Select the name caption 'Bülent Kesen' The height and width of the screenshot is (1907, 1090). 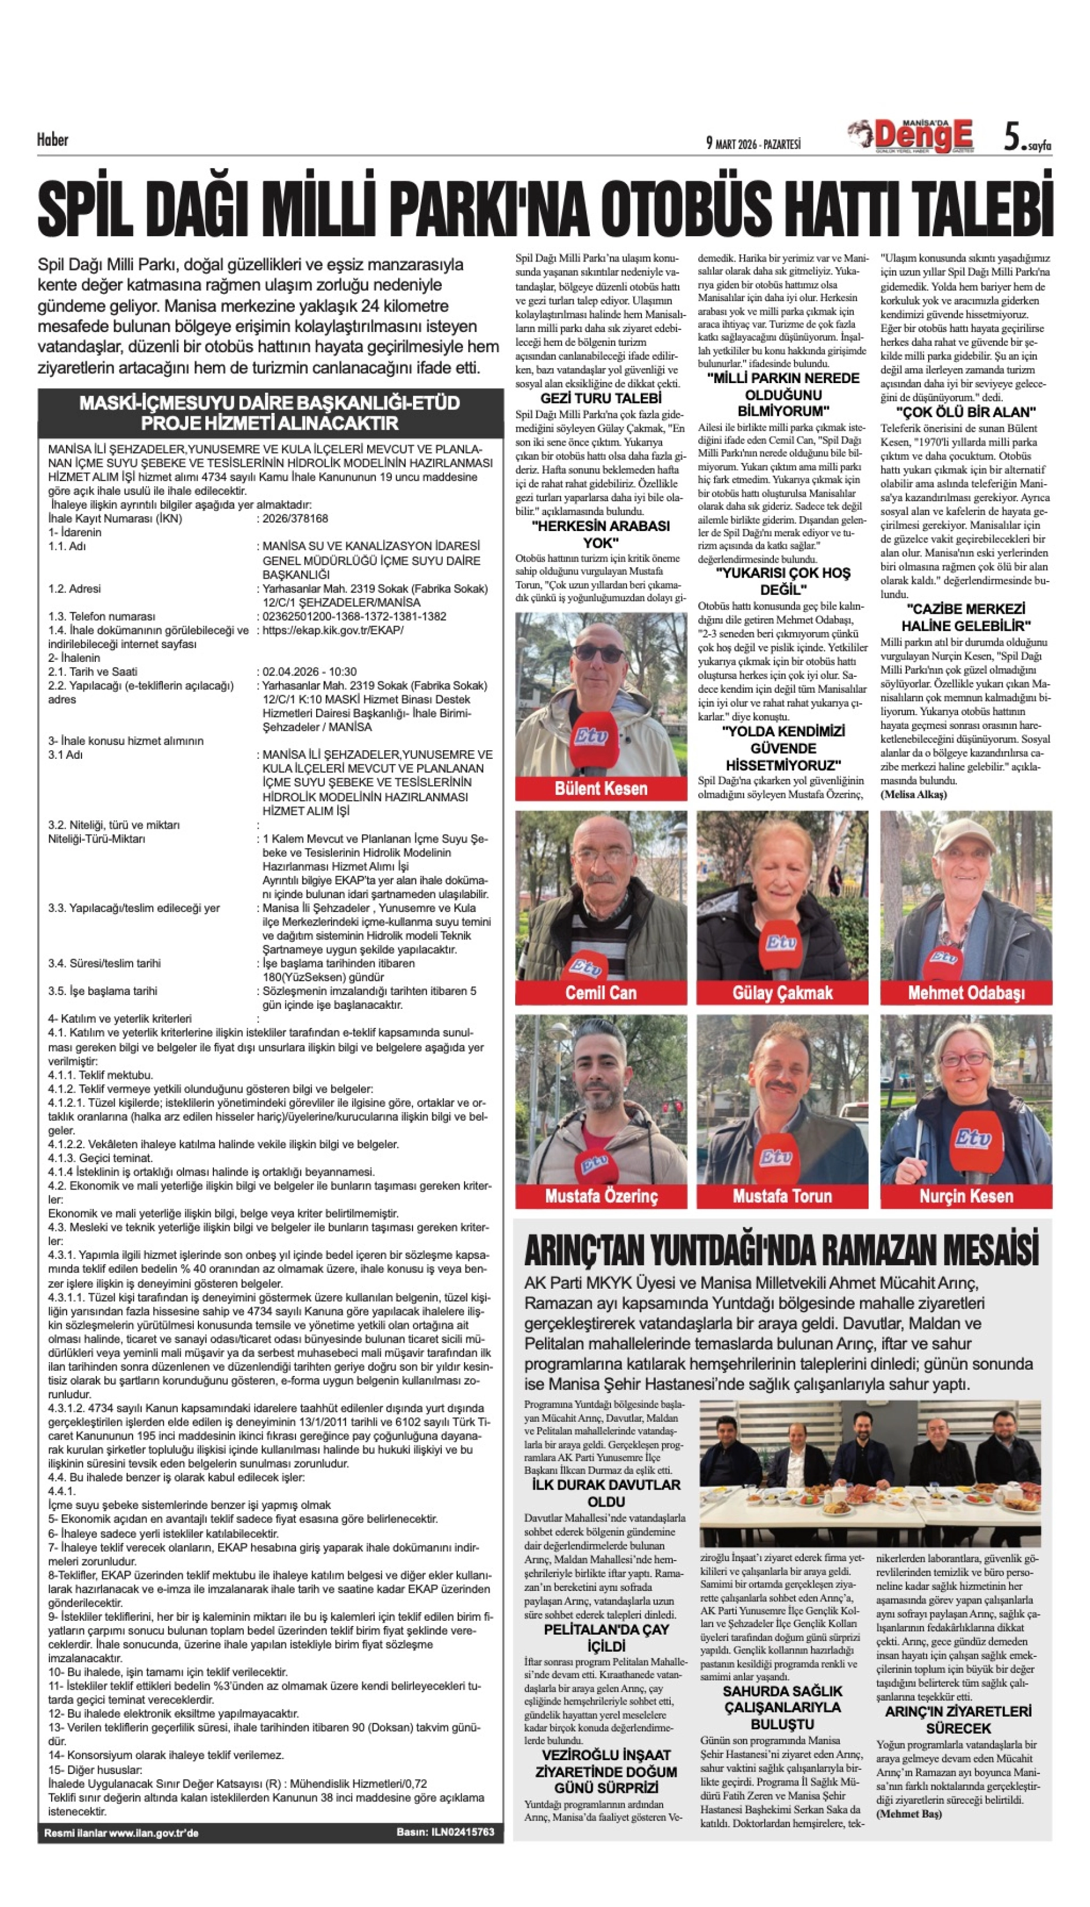(601, 788)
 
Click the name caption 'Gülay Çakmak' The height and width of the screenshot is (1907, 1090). (783, 993)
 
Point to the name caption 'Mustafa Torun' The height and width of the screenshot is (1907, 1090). (783, 1196)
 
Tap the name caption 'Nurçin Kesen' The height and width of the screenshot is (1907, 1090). (966, 1196)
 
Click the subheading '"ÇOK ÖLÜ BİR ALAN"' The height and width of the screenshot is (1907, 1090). (966, 412)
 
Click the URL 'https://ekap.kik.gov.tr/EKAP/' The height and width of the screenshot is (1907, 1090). (333, 630)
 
